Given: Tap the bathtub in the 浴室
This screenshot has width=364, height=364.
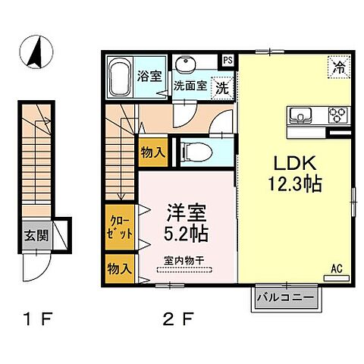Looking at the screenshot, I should [120, 76].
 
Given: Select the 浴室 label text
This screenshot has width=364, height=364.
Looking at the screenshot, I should [149, 75].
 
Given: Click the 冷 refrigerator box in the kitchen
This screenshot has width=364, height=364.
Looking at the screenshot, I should [338, 67].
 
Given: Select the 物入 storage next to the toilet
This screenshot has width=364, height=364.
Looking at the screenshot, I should [153, 152].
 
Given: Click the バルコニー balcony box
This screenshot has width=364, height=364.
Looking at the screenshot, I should [284, 299].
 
